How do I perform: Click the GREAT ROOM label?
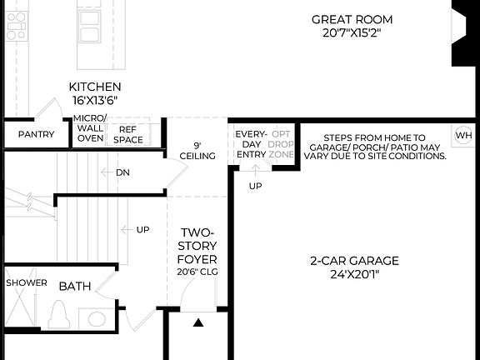351,19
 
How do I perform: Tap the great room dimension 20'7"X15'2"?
351,33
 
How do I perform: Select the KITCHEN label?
94,87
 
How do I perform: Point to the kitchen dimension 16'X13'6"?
94,100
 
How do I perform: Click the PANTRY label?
36,135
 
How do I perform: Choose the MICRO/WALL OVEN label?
90,129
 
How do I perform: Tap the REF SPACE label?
128,135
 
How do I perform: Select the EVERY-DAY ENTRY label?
250,143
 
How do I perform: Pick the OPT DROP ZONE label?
282,143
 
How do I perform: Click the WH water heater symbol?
463,135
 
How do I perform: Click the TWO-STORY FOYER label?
197,246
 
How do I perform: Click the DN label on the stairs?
122,172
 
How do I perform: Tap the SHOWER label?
27,283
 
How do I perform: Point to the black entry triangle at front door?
197,322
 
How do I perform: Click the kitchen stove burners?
16,27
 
